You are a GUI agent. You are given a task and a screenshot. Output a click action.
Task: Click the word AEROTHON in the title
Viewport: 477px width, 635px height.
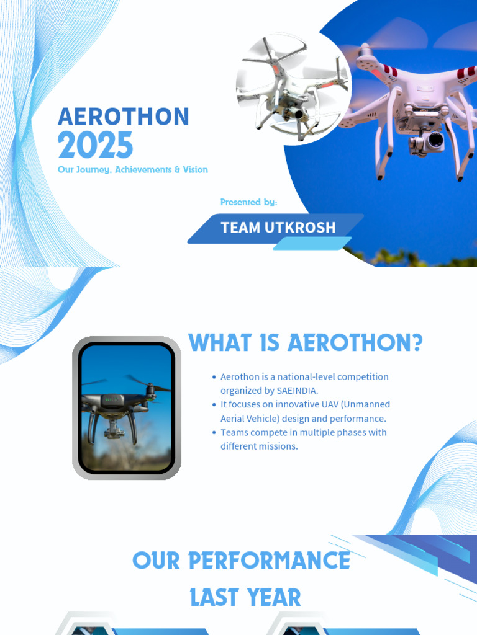coord(124,117)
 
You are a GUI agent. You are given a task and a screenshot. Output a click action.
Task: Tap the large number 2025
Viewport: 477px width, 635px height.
coord(95,146)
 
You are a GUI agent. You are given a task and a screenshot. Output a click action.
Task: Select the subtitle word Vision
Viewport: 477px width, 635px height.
coord(195,169)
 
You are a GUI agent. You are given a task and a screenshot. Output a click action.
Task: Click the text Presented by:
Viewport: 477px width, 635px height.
coord(248,202)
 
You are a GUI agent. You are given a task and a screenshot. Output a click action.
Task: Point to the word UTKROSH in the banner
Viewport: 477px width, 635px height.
coord(300,228)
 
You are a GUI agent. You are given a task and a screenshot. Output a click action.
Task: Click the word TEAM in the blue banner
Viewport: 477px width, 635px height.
coord(240,228)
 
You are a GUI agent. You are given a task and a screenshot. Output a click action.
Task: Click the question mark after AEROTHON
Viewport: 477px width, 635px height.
coord(416,343)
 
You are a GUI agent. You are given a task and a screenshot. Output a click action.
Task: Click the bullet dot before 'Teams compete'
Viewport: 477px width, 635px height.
coord(214,432)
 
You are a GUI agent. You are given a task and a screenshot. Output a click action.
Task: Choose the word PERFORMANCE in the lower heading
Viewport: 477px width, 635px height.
coord(269,561)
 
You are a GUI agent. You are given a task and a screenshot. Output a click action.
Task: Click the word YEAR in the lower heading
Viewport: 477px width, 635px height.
coord(273,598)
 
